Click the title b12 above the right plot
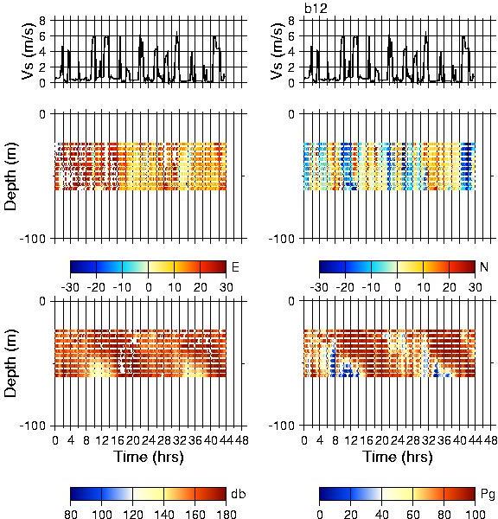tap(316, 9)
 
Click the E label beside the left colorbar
tap(235, 266)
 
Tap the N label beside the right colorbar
tap(484, 266)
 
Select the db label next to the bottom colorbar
tap(239, 494)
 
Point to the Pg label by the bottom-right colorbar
tap(488, 495)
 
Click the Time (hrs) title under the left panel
tap(149, 457)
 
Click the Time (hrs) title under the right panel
tap(398, 457)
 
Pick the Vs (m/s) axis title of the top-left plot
tap(28, 51)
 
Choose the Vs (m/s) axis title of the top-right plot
tap(277, 51)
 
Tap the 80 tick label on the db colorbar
tap(71, 514)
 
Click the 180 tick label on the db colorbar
tap(227, 514)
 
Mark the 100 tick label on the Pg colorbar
tap(476, 514)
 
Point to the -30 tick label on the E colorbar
tap(70, 287)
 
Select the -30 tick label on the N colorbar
tap(319, 287)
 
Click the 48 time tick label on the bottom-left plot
tap(242, 440)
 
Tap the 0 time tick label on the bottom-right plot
tap(304, 440)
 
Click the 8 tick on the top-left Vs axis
tap(42, 21)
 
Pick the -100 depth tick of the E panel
tap(32, 239)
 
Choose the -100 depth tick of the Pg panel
tap(281, 426)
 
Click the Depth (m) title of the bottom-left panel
tap(10, 363)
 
